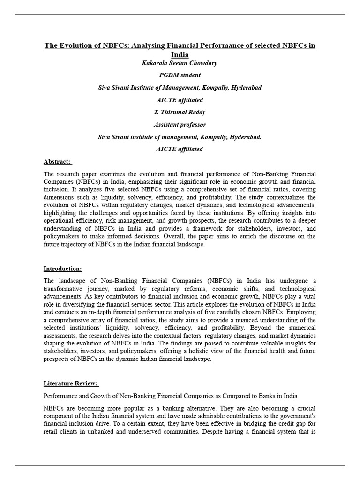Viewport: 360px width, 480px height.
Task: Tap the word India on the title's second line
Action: point(180,54)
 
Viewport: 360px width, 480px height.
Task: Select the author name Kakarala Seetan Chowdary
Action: point(180,63)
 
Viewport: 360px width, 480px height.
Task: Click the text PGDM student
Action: point(180,75)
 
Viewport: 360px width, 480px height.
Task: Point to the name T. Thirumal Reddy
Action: point(180,112)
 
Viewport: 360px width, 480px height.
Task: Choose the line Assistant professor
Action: point(180,125)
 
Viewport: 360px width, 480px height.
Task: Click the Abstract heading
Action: point(57,162)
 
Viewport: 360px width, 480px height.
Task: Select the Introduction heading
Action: point(62,269)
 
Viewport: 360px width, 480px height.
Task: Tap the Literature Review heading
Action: point(71,383)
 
